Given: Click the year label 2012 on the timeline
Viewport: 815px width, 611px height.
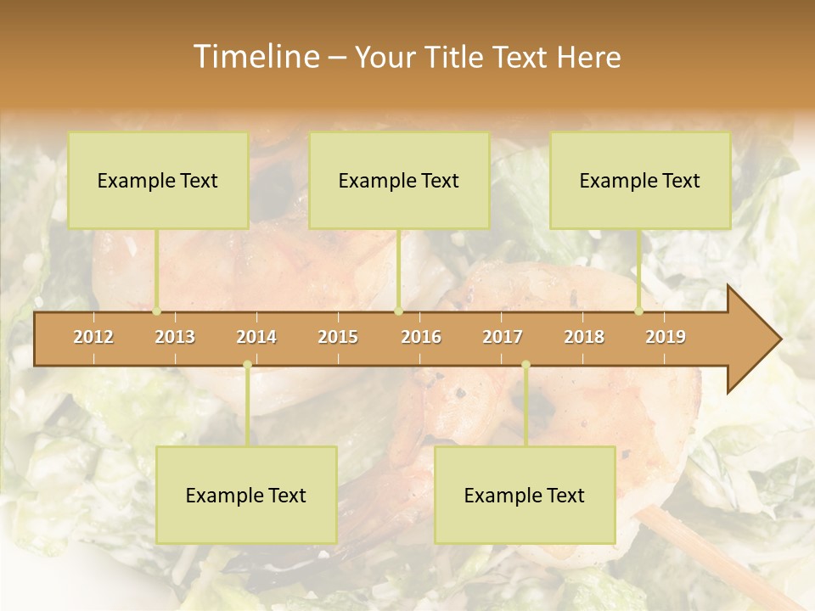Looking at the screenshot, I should [x=93, y=337].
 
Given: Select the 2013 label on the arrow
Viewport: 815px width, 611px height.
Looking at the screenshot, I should [x=175, y=337].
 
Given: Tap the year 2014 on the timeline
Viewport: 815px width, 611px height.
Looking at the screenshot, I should [x=256, y=337].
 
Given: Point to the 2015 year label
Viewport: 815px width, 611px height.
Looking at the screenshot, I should [x=338, y=337].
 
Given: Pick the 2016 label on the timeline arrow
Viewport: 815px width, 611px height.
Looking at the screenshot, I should [x=421, y=337].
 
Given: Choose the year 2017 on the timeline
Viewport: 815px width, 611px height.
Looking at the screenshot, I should [x=503, y=337].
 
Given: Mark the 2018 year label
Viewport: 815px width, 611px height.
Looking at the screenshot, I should [x=584, y=337].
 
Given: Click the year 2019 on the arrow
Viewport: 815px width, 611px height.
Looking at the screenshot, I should [x=666, y=337].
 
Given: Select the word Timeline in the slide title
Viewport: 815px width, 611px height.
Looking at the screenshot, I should [x=255, y=57].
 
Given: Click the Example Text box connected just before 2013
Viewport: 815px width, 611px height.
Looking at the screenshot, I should [x=158, y=180].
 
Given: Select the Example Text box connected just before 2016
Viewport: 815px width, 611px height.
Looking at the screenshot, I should [x=399, y=180].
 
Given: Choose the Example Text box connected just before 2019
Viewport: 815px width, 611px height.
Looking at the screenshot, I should [x=640, y=180].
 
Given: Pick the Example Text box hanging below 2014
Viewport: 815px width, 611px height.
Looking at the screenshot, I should [x=246, y=495].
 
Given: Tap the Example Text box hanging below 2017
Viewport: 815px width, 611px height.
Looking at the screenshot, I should [x=525, y=495].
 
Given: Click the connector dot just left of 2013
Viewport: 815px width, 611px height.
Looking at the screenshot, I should [x=157, y=311].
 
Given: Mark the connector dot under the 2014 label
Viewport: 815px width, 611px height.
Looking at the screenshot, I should [x=247, y=365].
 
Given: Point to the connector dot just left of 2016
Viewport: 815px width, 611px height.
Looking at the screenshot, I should [x=398, y=311].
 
